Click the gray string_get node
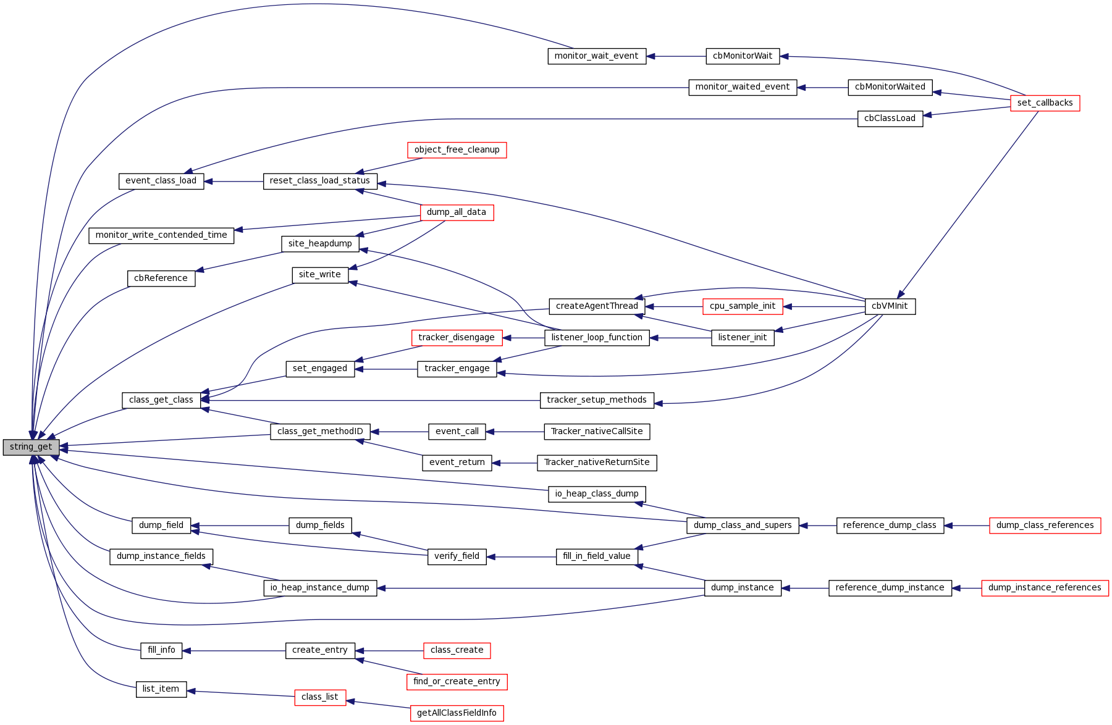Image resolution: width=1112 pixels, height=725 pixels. [x=31, y=447]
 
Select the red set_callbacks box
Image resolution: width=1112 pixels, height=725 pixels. [x=1045, y=103]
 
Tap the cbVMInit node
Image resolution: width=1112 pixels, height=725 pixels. [x=890, y=306]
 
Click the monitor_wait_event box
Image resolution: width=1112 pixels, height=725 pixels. [x=596, y=56]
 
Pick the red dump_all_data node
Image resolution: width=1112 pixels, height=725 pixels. [x=457, y=212]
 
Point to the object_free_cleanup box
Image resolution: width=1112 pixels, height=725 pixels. [x=457, y=150]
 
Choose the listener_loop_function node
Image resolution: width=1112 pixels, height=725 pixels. [x=597, y=338]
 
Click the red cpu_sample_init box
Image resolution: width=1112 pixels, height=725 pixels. [x=743, y=306]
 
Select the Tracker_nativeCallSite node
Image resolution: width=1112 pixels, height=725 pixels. [x=597, y=432]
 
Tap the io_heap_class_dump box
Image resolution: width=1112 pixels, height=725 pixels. [x=597, y=494]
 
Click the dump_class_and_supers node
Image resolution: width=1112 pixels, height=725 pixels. [x=743, y=526]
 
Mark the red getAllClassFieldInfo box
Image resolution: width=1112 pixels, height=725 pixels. [x=457, y=713]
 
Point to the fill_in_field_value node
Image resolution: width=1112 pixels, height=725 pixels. [x=597, y=556]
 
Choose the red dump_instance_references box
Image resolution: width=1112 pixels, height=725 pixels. [x=1045, y=588]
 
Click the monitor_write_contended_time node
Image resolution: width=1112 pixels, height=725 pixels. [x=161, y=235]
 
